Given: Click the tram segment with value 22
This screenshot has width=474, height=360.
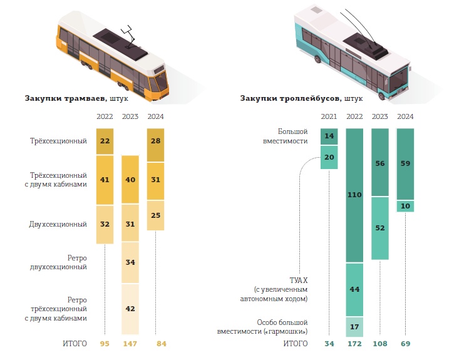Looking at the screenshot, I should pos(105,141).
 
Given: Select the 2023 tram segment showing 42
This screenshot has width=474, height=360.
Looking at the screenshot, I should pos(130,309).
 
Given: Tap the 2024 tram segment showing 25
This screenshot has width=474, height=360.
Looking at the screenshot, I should pos(155,215).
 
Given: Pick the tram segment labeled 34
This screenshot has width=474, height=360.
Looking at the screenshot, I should pos(130,262).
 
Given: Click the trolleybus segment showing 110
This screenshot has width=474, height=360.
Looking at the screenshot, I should pos(354,195).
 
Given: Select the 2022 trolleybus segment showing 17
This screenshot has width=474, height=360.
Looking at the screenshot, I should pos(354,327).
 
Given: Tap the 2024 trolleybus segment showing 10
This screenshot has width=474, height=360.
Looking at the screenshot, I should pos(405,206).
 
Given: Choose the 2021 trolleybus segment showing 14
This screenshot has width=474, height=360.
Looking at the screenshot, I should pos(329,136).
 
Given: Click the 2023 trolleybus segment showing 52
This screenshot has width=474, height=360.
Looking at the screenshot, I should pos(379,228).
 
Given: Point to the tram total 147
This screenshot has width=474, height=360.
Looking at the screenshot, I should pos(130,344).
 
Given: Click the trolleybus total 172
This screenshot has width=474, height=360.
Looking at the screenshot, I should pos(354,344).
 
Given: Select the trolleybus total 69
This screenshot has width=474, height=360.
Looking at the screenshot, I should pos(405,344).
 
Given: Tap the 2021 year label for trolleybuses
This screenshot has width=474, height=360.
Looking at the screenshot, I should pos(329,116).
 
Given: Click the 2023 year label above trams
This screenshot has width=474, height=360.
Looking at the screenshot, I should pos(130,116).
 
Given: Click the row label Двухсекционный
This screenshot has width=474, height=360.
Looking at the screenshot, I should pos(58,224).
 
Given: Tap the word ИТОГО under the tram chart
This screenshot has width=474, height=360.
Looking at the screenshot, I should pos(74,344).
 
